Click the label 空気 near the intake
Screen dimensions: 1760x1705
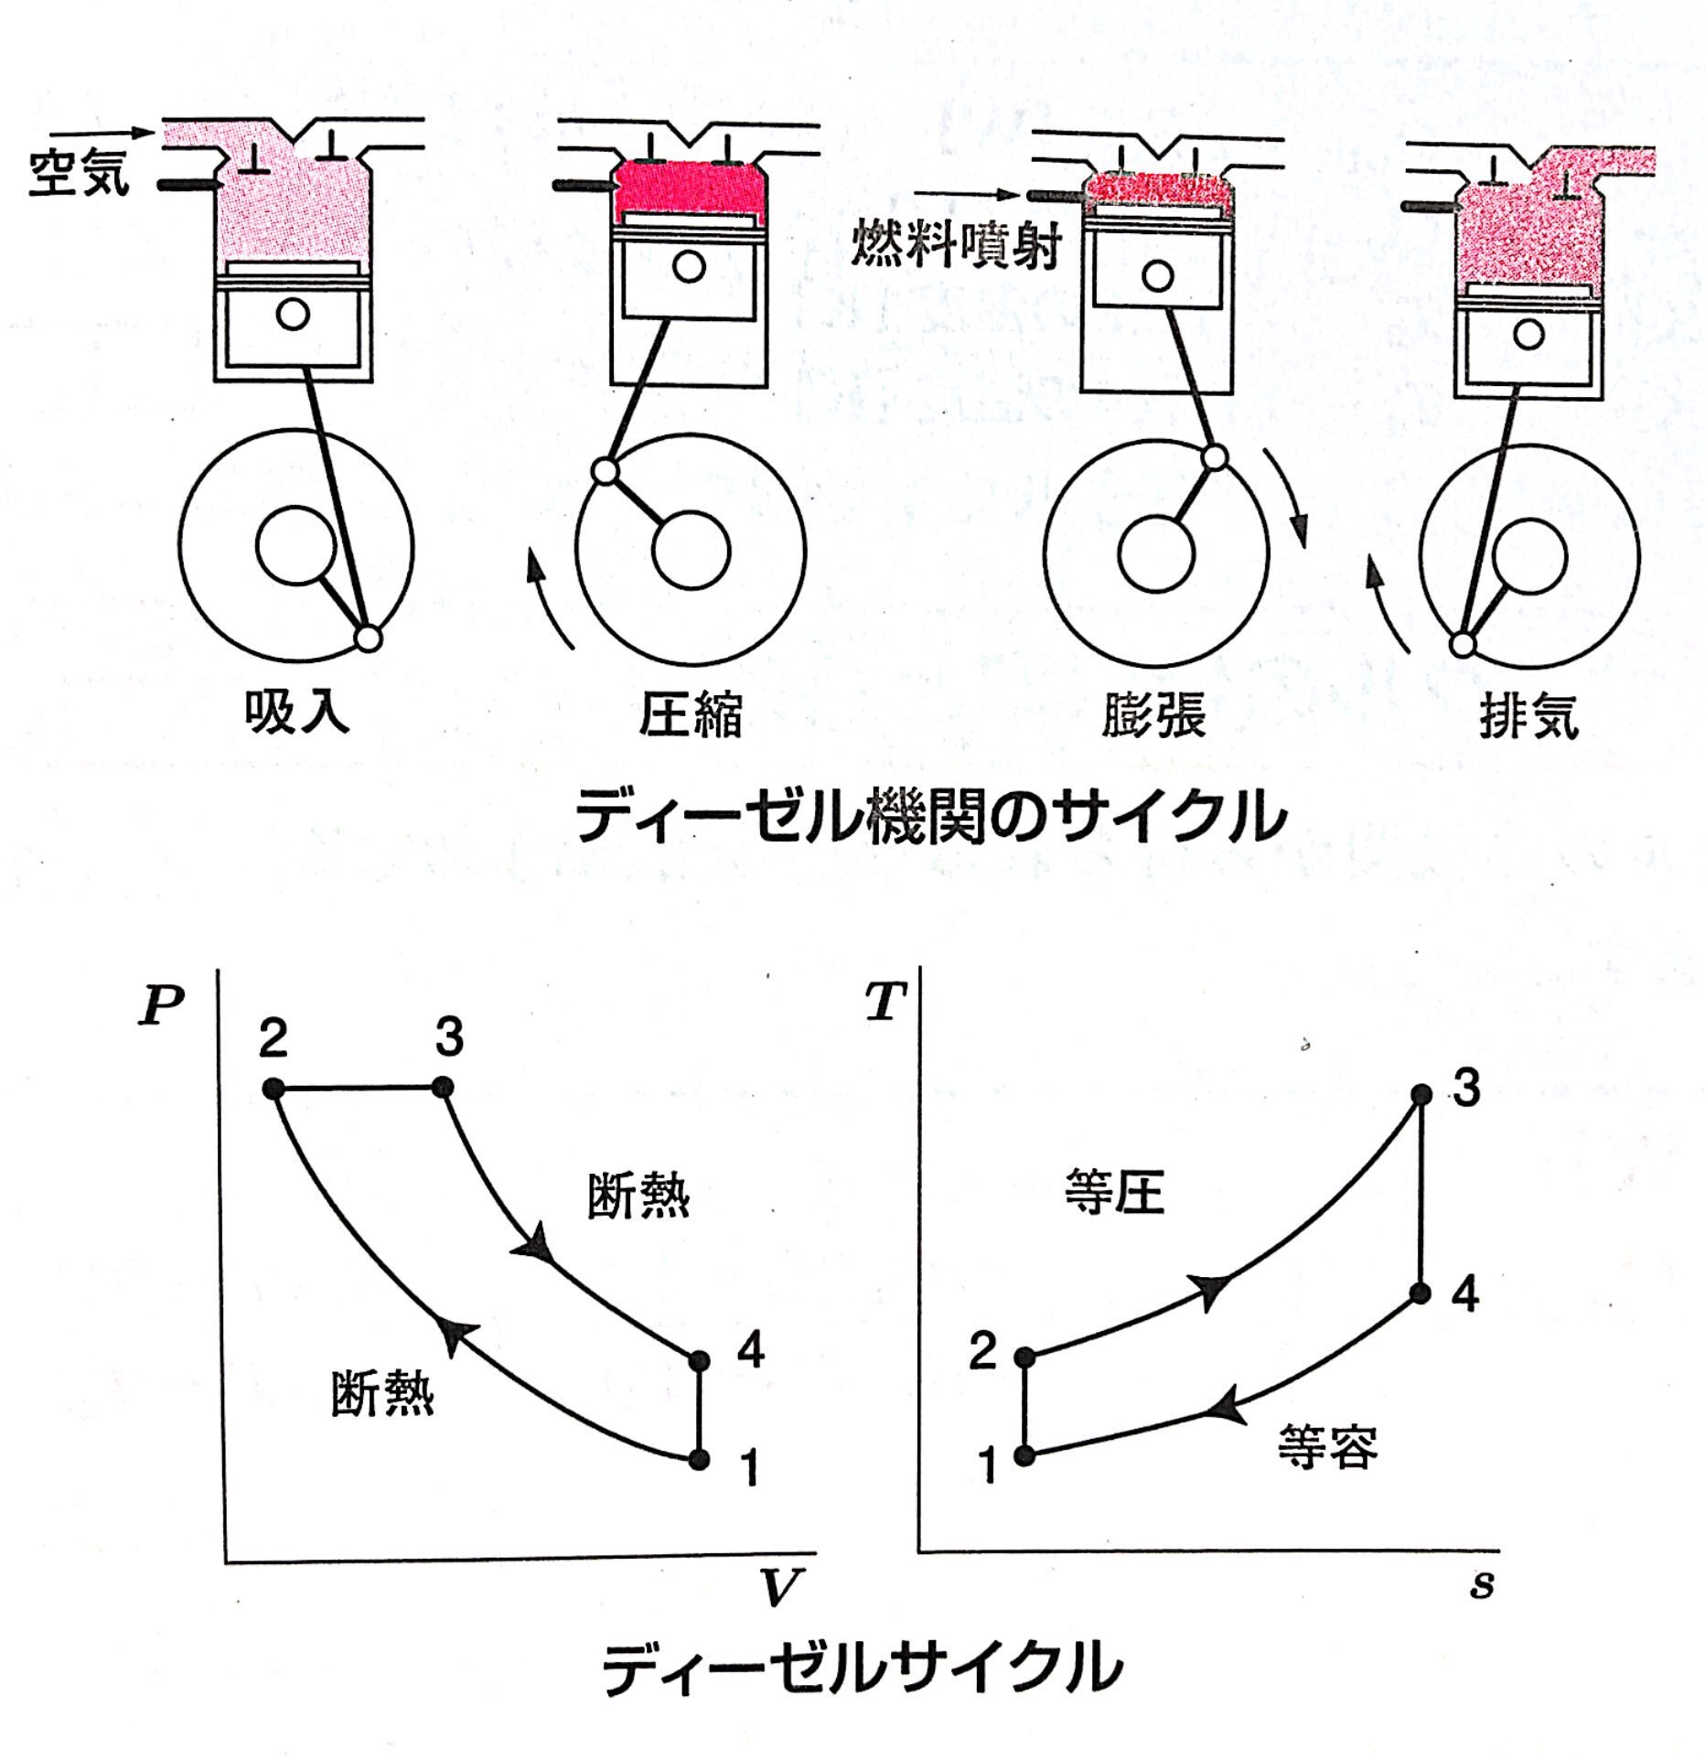[80, 174]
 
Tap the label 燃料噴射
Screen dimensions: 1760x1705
[955, 244]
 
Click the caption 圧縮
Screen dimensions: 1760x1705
[691, 714]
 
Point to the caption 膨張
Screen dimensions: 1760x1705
[1153, 714]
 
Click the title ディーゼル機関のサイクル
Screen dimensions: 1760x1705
[930, 816]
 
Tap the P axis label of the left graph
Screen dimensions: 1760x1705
[161, 1007]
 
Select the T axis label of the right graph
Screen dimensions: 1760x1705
[885, 1003]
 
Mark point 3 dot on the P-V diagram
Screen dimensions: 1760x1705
[443, 1088]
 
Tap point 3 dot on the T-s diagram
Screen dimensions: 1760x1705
[1421, 1093]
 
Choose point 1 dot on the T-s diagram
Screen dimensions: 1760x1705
[1026, 1454]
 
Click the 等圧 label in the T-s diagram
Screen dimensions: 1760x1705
[1114, 1194]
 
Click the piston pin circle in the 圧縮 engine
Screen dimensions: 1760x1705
[690, 267]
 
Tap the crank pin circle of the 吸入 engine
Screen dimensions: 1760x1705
[368, 638]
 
